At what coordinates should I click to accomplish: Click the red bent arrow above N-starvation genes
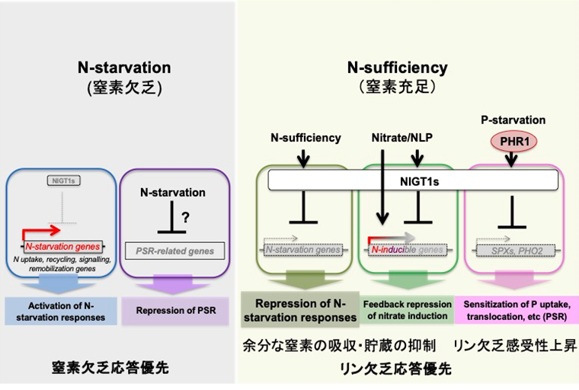(43, 231)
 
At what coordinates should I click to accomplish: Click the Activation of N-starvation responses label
(60, 312)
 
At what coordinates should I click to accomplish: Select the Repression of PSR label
(175, 311)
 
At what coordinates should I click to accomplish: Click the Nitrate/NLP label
(396, 139)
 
